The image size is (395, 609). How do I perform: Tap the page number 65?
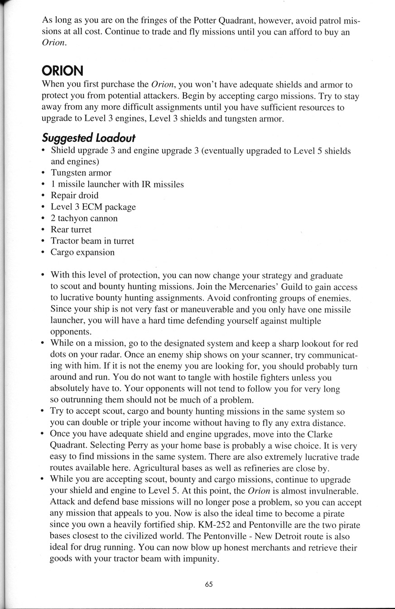(x=208, y=585)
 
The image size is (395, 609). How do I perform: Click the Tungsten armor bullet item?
(x=81, y=173)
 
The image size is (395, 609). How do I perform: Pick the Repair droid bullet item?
(x=74, y=195)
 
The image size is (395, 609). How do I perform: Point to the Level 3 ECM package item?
(x=93, y=207)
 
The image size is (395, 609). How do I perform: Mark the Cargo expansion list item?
(x=82, y=252)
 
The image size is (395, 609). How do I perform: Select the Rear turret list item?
(x=71, y=229)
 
